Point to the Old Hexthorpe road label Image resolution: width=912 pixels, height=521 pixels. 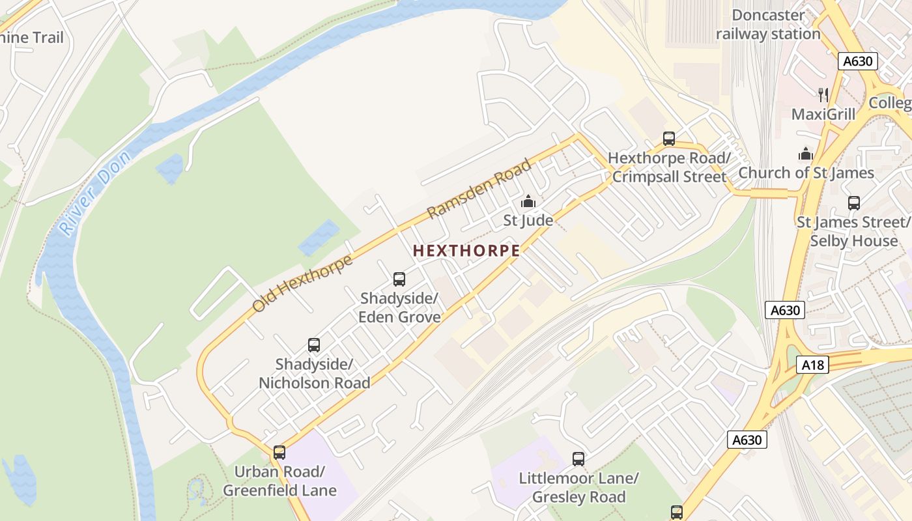[303, 283]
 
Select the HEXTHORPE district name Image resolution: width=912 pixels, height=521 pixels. [466, 251]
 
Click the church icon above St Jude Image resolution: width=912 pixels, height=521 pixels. [528, 201]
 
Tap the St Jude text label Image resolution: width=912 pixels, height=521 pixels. [528, 221]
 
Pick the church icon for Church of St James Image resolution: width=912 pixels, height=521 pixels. [806, 154]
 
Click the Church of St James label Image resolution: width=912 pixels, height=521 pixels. [806, 173]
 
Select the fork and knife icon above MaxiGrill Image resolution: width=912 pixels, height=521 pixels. [823, 95]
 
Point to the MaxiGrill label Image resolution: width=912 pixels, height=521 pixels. [823, 115]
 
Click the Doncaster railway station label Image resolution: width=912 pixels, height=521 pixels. [768, 25]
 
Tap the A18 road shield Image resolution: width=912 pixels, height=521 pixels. [812, 365]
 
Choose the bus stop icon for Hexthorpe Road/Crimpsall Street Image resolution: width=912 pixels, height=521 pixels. [669, 138]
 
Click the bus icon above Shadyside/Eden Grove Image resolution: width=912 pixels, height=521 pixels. [399, 279]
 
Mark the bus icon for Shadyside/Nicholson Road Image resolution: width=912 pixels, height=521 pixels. [314, 345]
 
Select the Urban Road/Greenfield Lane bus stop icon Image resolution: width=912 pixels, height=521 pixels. [279, 452]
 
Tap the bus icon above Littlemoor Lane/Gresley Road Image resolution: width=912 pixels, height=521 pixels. [578, 459]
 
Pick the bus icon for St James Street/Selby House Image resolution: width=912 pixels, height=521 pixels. [854, 203]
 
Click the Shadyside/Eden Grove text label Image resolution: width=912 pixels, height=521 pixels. [399, 307]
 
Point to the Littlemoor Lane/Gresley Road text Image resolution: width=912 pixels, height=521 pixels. [578, 488]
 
